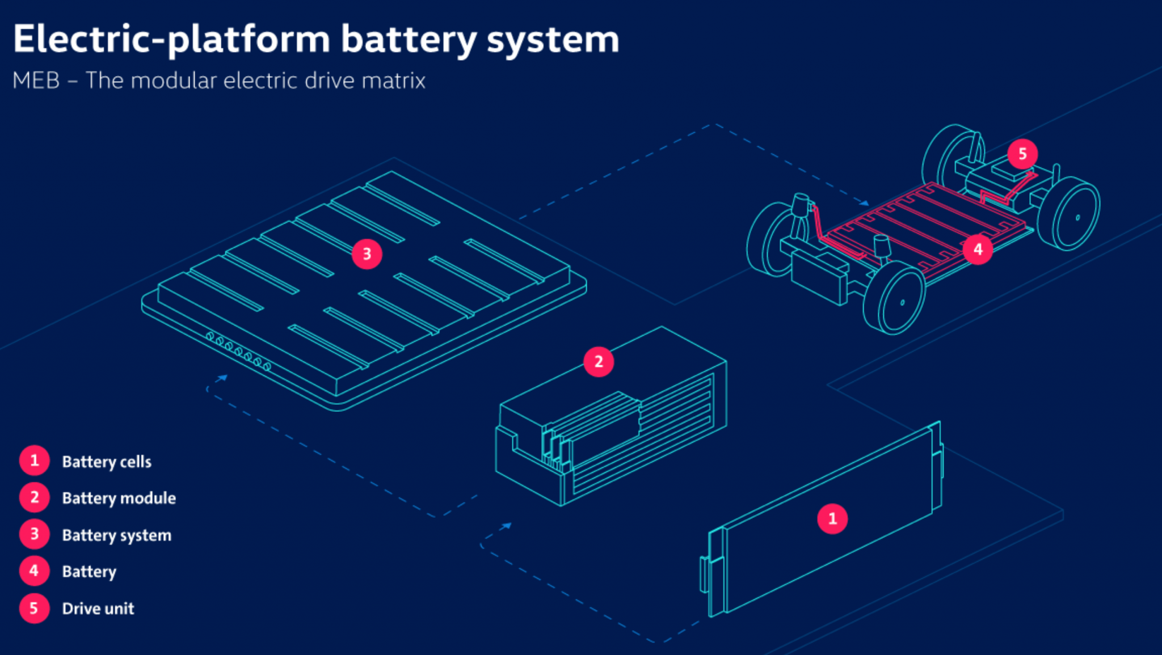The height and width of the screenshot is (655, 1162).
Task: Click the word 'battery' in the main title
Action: (407, 40)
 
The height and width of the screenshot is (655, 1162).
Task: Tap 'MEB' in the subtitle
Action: (36, 81)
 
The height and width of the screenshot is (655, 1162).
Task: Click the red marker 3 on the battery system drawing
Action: (367, 254)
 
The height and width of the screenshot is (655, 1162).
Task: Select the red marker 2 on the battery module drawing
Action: (599, 362)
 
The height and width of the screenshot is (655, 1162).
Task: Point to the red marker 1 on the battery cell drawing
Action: (832, 518)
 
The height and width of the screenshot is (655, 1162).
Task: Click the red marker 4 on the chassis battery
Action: (978, 250)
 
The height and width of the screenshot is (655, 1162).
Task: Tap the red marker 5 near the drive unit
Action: (1022, 154)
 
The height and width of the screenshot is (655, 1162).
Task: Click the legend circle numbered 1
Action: (34, 460)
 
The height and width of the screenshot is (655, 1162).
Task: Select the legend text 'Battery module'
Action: (119, 498)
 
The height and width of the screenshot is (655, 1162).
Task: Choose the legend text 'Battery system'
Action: (116, 535)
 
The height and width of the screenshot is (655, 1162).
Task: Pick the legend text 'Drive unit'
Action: (98, 608)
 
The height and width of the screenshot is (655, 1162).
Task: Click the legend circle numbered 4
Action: (34, 571)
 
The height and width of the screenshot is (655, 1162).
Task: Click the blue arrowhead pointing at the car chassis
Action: (864, 202)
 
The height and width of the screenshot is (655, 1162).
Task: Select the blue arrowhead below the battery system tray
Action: (223, 377)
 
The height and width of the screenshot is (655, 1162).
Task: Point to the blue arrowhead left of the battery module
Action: (507, 526)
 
